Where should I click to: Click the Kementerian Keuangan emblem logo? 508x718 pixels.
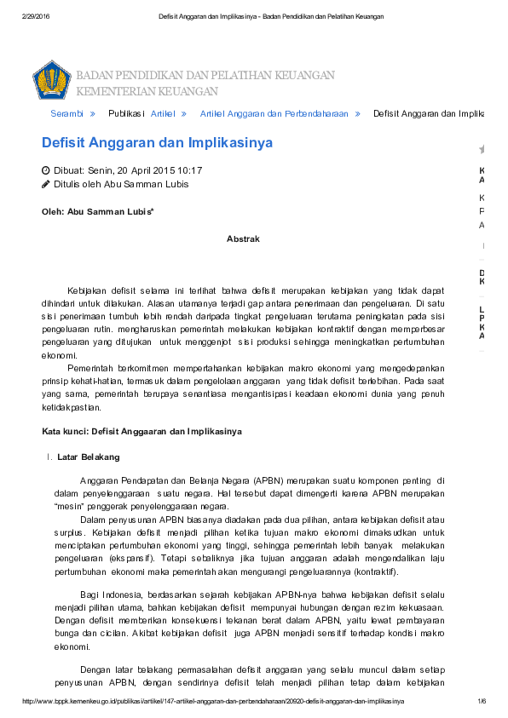pos(51,80)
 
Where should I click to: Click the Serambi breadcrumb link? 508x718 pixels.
pos(66,113)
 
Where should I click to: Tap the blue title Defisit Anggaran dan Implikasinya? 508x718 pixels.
pos(158,143)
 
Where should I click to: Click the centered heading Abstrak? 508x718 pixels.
pos(243,239)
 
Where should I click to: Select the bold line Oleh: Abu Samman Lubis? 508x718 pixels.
pos(98,211)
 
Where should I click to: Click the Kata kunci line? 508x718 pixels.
pos(142,432)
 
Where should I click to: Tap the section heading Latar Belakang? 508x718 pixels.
pos(89,457)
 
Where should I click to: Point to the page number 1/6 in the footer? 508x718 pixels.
pos(481,701)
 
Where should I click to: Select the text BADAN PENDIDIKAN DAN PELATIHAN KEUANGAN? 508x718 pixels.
pos(205,76)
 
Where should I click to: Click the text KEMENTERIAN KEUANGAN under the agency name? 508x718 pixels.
pos(147,91)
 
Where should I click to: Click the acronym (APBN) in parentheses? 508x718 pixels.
pos(268,480)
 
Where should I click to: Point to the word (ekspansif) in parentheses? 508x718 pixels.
pos(134,560)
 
